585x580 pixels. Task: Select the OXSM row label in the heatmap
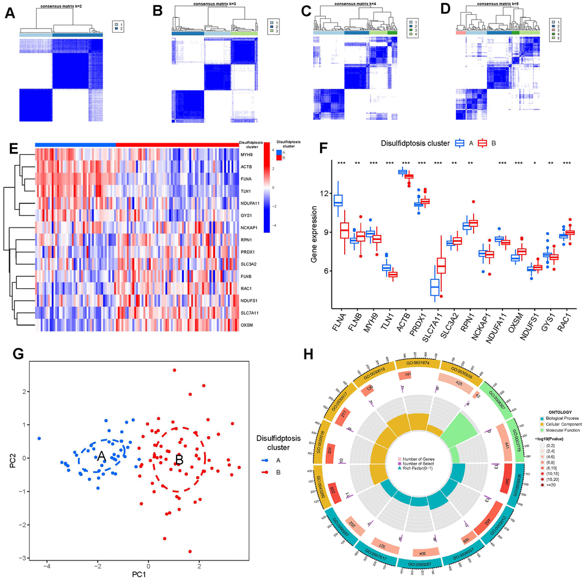pos(248,326)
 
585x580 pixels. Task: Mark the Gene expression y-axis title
pos(314,236)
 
